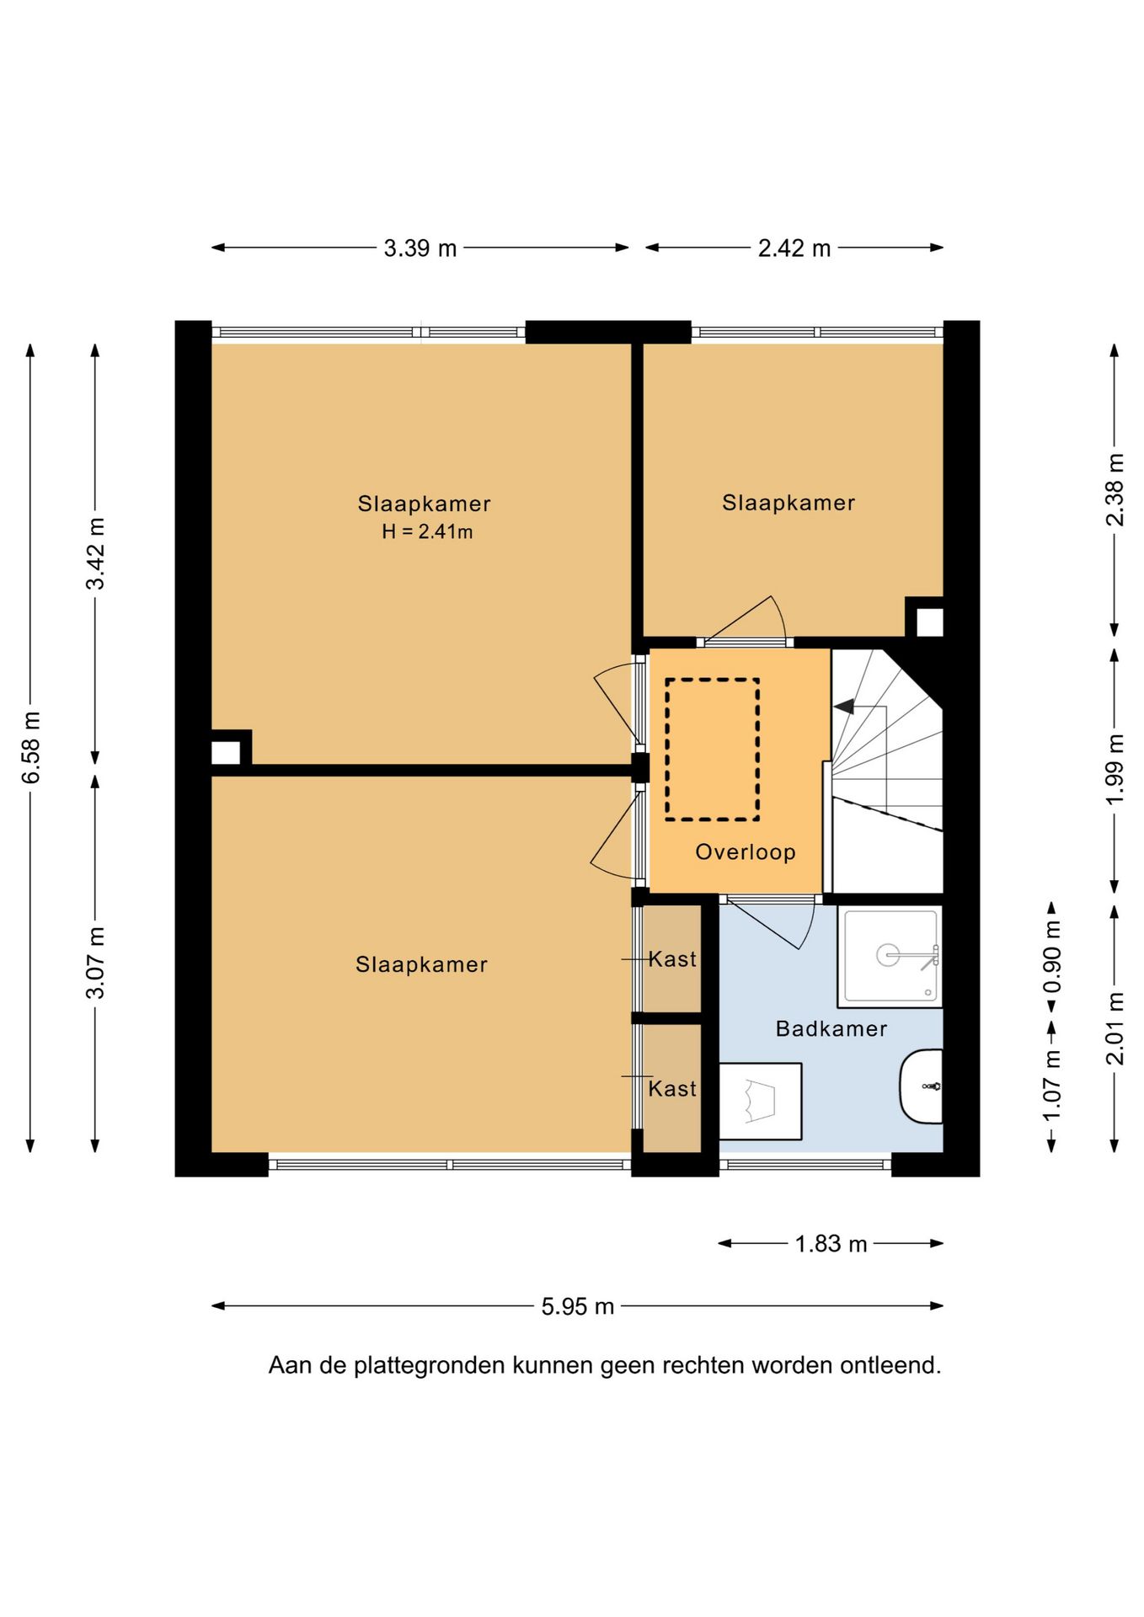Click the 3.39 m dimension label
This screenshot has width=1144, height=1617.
pos(420,248)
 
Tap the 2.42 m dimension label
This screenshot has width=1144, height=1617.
pos(794,248)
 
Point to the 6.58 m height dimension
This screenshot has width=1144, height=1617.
pos(31,747)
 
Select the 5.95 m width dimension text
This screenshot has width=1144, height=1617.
pos(578,1306)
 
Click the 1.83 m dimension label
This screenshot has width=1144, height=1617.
pos(831,1244)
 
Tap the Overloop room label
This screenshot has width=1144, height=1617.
pos(746,852)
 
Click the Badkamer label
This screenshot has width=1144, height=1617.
pos(831,1028)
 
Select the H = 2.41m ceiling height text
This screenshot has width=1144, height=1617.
pos(427,531)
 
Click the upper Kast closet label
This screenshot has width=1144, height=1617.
pos(672,959)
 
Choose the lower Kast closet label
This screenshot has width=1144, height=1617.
pos(672,1089)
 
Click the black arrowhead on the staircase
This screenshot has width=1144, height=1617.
pos(843,707)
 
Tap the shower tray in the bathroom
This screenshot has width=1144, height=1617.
pos(890,956)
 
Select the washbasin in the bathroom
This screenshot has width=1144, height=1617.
pos(921,1086)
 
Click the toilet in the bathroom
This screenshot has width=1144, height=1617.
pos(760,1102)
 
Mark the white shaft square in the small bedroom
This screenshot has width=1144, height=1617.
pos(929,622)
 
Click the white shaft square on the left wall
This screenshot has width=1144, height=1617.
pos(226,752)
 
